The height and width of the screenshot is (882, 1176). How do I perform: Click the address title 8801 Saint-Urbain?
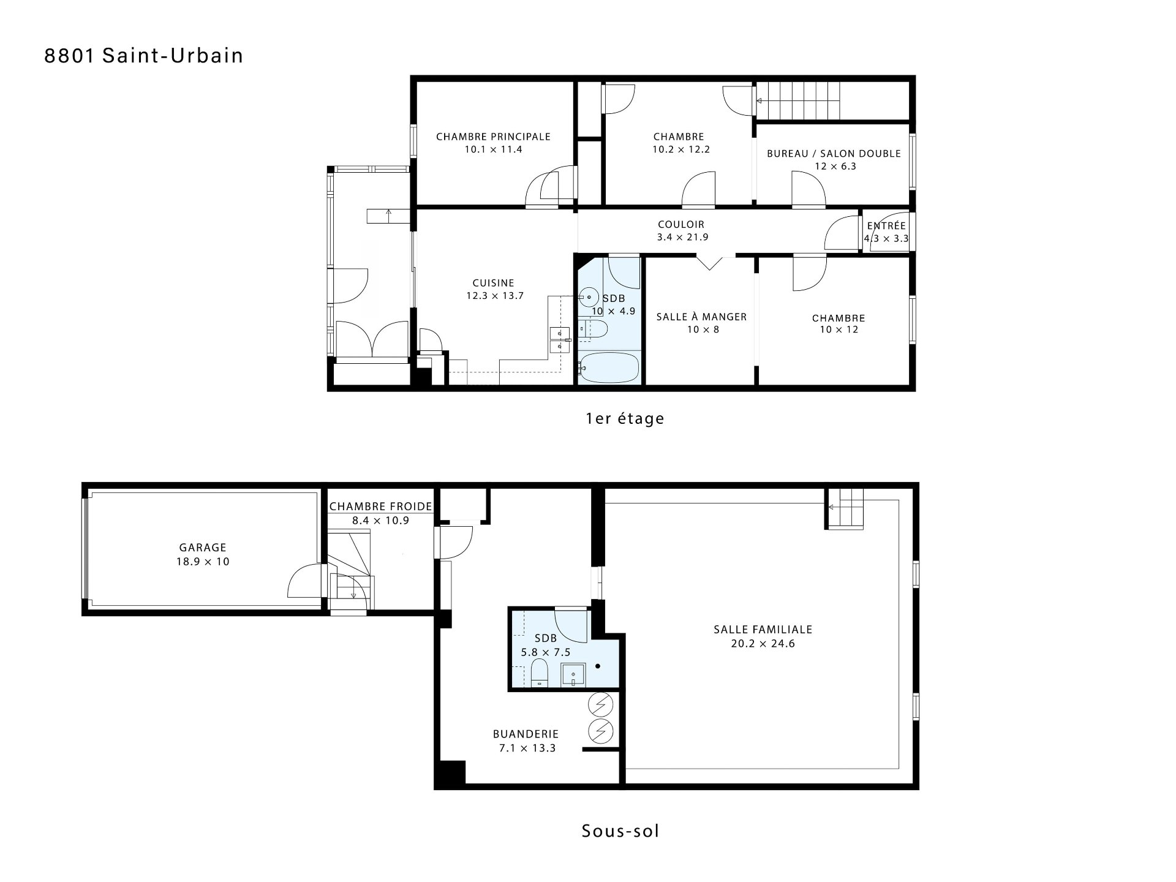[x=144, y=56]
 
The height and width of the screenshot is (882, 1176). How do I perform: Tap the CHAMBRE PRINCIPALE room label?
[x=493, y=137]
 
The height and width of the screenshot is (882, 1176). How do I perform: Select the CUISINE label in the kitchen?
[x=493, y=283]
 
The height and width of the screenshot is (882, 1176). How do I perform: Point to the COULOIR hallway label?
[x=681, y=225]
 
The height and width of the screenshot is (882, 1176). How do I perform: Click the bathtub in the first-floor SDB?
[x=609, y=367]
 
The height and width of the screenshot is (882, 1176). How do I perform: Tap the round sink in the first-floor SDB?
[x=589, y=297]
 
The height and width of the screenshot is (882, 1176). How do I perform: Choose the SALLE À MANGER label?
[x=701, y=317]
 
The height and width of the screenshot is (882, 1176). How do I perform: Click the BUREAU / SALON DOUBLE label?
[x=834, y=154]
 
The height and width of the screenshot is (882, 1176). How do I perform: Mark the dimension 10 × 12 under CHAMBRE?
[x=839, y=330]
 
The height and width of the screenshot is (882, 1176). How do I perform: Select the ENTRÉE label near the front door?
[x=886, y=226]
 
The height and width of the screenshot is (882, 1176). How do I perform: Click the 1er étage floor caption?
[x=625, y=419]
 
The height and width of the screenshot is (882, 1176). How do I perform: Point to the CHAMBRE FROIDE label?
[x=380, y=507]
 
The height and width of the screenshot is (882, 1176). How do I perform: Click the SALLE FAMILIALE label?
[x=763, y=629]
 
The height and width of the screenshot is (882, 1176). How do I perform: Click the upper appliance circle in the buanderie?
[x=600, y=706]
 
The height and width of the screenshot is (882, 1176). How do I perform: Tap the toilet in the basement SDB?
[x=540, y=673]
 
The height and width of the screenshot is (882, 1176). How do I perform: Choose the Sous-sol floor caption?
[x=620, y=831]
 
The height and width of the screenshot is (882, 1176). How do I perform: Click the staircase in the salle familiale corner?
[x=844, y=508]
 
